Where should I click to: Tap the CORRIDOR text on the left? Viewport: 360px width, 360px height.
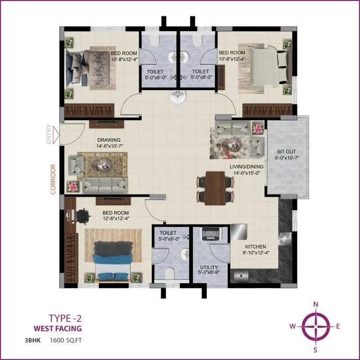point(53,180)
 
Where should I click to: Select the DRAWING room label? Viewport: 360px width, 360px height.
point(109,140)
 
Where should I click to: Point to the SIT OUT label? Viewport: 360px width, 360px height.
point(287,151)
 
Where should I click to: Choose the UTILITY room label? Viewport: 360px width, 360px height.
point(209,267)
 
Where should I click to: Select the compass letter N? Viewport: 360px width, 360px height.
point(316,304)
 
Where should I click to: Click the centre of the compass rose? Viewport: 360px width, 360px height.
point(316,326)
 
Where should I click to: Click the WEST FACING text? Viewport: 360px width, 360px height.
point(58,329)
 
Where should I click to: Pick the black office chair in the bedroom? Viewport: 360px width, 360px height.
point(82,216)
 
